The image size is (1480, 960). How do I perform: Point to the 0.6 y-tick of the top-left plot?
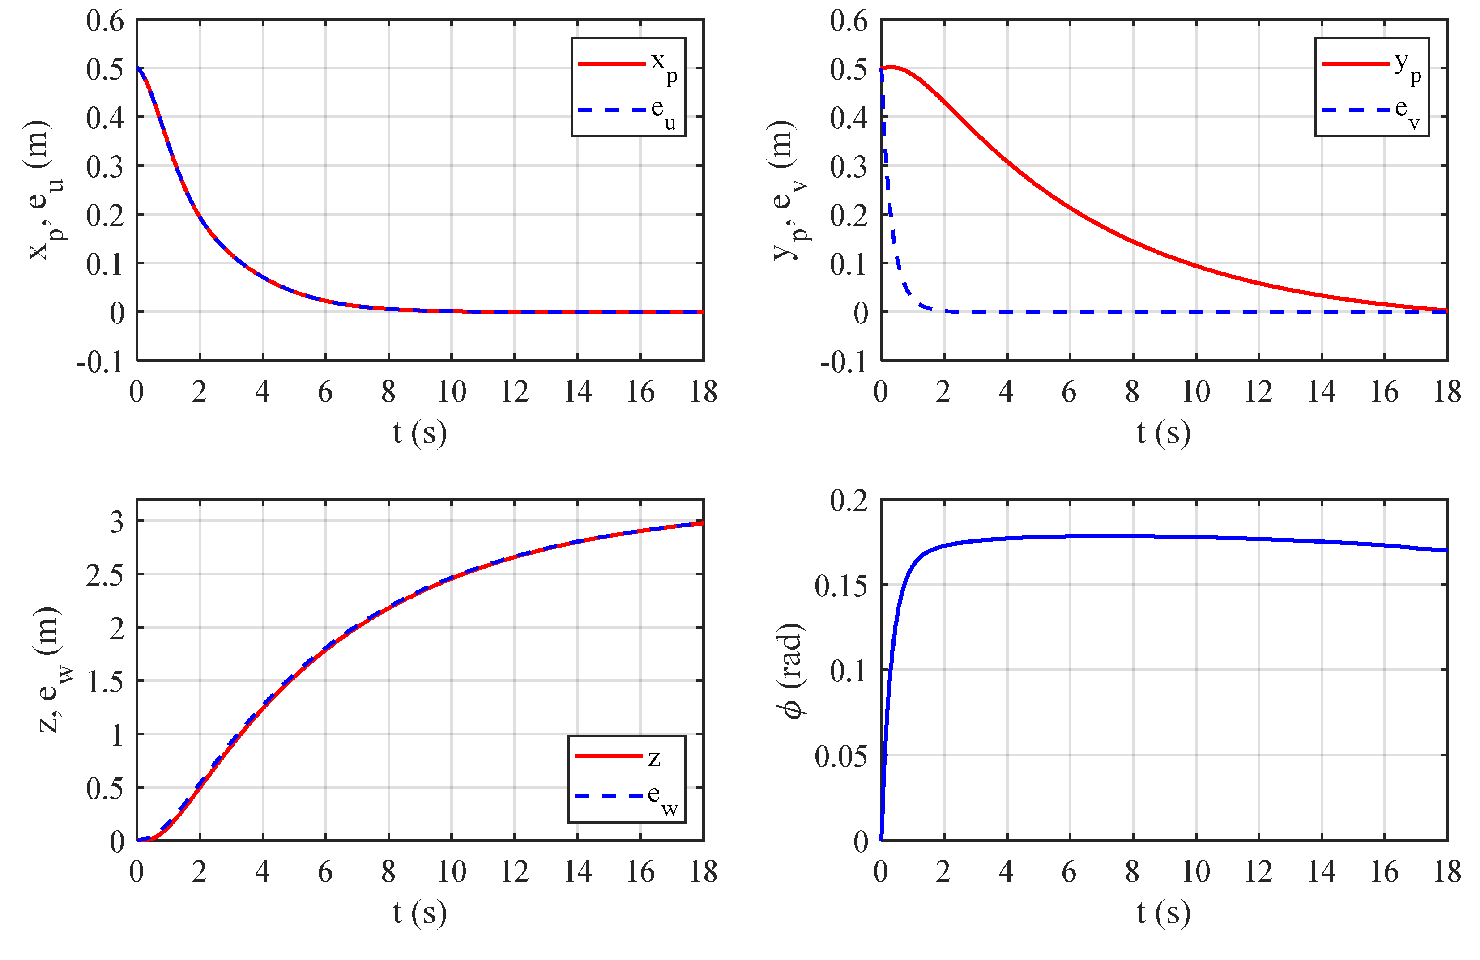[105, 21]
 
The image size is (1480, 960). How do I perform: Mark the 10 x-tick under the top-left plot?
[452, 392]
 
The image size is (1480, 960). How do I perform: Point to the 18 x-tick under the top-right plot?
[1446, 392]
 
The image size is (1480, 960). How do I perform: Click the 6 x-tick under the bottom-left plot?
[325, 872]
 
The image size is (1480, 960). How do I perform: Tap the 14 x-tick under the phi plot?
[1321, 872]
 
